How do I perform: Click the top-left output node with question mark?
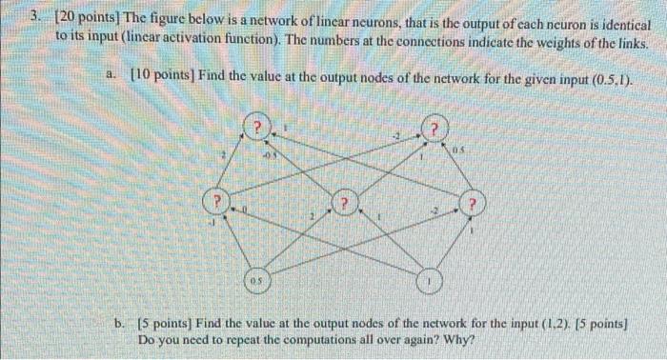tap(257, 128)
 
